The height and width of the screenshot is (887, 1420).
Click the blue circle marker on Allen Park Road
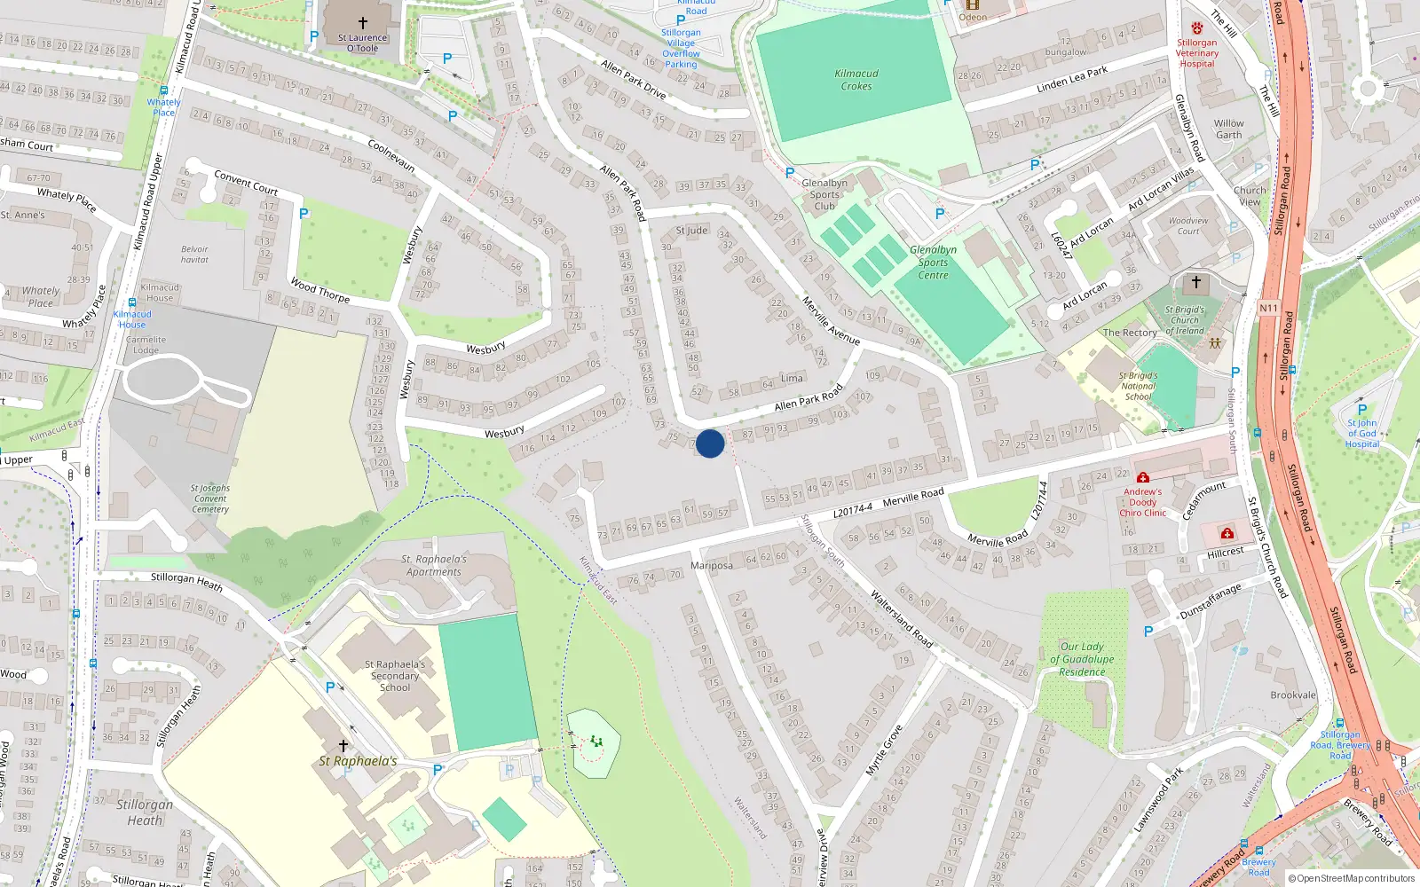click(710, 443)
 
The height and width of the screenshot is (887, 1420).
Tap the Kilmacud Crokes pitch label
click(856, 80)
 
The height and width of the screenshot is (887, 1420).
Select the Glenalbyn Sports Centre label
click(933, 263)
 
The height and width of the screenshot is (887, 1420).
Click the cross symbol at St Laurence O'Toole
click(362, 23)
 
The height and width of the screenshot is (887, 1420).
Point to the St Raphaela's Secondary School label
click(395, 676)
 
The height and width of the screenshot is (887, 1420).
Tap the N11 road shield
click(1268, 309)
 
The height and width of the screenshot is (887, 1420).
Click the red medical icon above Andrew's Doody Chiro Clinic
click(1142, 478)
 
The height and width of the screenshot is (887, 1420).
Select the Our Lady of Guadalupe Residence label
click(1082, 659)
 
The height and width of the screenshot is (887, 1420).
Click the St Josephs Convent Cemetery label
click(210, 498)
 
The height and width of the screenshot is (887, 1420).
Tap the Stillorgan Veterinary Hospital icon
click(1197, 28)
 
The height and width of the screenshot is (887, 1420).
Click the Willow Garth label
click(1229, 130)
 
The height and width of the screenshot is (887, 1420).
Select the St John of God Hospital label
click(1362, 434)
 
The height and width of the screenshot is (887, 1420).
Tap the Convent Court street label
click(246, 183)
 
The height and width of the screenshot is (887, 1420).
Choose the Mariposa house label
click(711, 566)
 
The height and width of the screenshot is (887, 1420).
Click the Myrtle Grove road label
click(884, 750)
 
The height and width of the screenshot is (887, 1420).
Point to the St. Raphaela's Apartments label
click(433, 566)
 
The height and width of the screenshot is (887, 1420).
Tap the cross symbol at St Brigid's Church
click(1195, 282)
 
